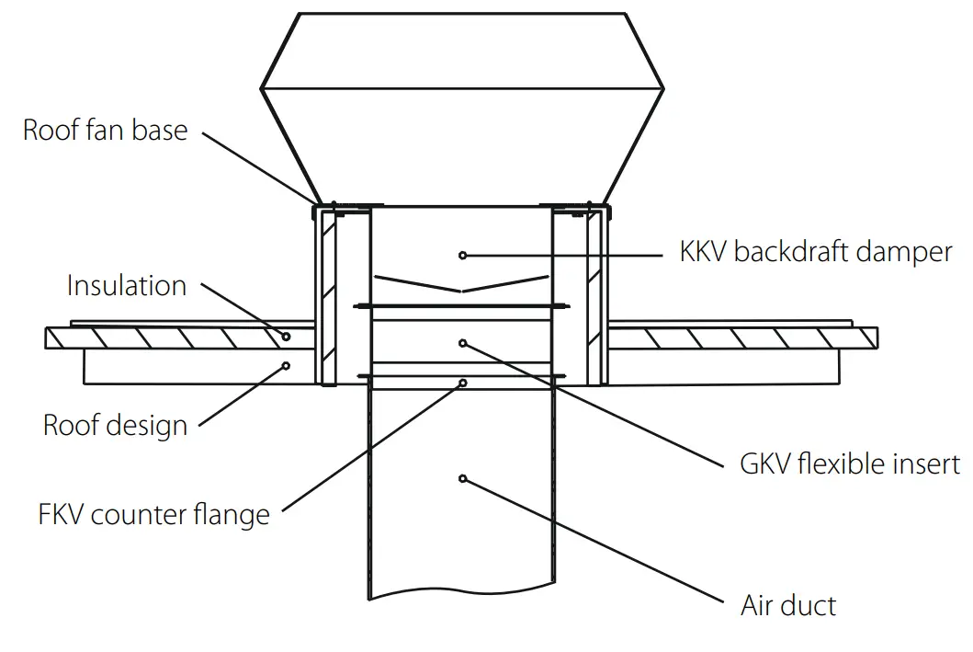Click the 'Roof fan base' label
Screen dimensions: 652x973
[x=105, y=131]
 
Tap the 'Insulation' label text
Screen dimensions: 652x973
[x=126, y=286]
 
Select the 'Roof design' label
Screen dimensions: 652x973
[x=115, y=426]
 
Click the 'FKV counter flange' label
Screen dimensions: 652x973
[x=154, y=514]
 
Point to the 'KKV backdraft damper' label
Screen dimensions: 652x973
[x=816, y=252]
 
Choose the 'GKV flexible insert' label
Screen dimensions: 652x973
[x=850, y=463]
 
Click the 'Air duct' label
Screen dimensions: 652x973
[x=788, y=606]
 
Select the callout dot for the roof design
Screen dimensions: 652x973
[x=287, y=365]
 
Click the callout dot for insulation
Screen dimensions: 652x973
[x=287, y=337]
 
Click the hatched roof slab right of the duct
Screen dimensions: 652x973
[x=735, y=337]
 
